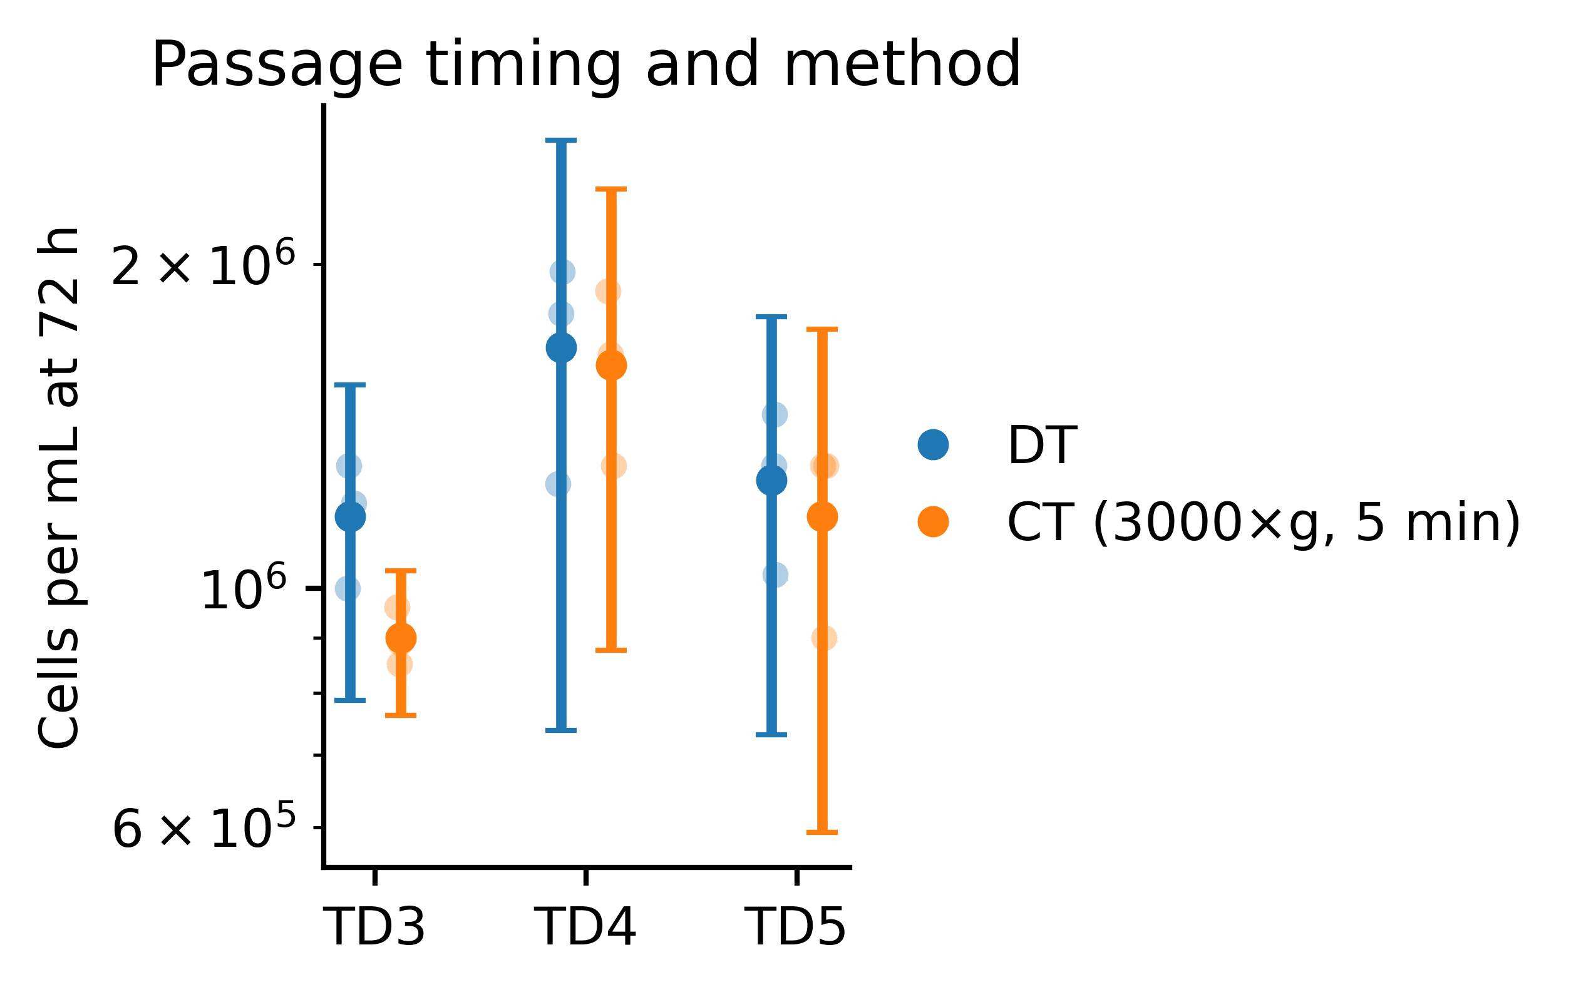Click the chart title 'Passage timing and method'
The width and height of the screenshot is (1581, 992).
[585, 64]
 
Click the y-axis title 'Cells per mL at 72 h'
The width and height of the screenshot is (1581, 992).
[59, 488]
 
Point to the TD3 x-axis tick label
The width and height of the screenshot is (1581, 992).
[374, 927]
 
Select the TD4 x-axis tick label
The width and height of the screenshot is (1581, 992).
[585, 927]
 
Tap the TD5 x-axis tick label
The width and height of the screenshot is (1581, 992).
[796, 927]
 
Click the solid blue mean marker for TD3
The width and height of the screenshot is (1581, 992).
[350, 517]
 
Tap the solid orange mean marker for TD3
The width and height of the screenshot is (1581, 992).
[400, 638]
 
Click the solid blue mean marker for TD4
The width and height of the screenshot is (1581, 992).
[561, 348]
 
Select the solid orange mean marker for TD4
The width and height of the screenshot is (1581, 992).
[611, 366]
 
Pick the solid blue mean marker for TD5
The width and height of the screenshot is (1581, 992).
[771, 480]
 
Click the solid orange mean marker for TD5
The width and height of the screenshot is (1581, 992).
[821, 517]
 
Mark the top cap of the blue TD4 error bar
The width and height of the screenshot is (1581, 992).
[561, 140]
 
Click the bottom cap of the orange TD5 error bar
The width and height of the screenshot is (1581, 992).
[821, 832]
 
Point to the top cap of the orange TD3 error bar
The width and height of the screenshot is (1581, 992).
[400, 571]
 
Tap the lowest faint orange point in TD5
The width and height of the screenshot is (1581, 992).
[823, 638]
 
